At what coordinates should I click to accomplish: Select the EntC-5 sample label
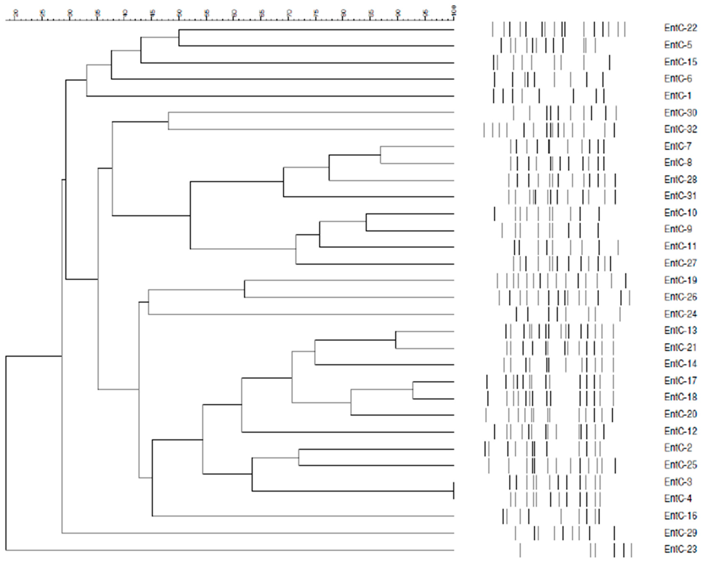(678, 45)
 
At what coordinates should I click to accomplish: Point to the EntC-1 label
(678, 96)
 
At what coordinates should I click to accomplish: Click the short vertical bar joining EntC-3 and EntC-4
(453, 491)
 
